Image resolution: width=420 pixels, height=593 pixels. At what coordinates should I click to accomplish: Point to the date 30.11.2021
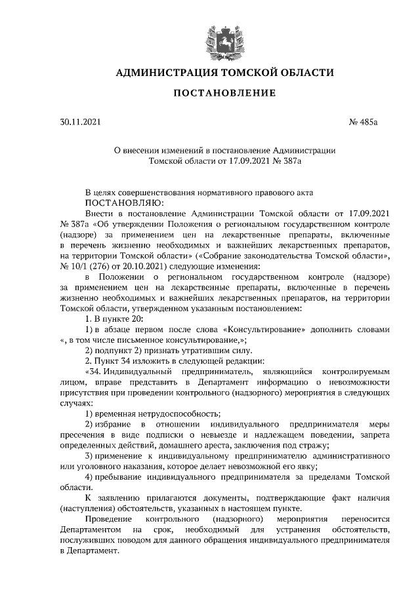tap(77, 122)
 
